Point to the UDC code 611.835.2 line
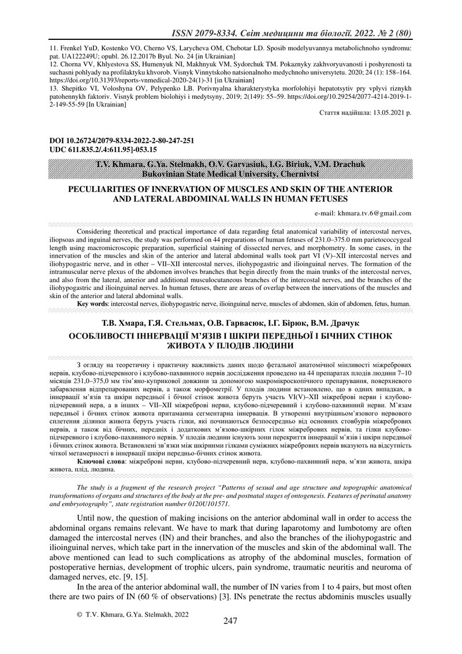click(107, 148)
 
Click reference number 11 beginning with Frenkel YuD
click(54, 49)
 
